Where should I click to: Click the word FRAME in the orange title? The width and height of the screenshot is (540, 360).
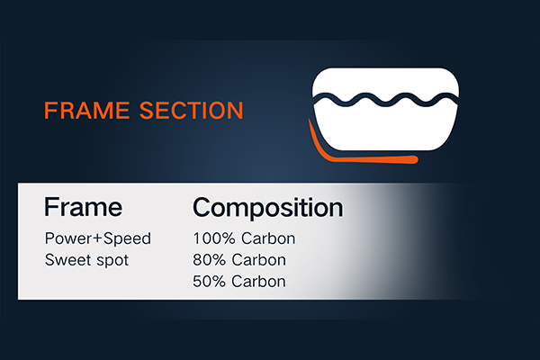coord(86,110)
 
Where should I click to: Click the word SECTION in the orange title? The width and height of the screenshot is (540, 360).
coord(192,110)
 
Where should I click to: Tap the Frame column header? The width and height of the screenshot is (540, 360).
coord(84,207)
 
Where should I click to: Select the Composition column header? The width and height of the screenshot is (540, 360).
coord(268,208)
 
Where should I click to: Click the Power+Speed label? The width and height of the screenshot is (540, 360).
coord(98,238)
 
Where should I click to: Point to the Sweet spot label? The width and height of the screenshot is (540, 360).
coord(86,260)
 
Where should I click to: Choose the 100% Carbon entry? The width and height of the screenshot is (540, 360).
coord(244,238)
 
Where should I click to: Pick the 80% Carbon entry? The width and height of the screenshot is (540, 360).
coord(239,260)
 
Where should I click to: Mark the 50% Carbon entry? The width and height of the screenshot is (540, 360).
coord(239,282)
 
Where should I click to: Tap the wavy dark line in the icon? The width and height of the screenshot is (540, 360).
coord(386,100)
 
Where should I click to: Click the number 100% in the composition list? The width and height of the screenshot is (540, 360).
coord(214,238)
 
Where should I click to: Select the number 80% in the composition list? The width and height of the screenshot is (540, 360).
coord(210,260)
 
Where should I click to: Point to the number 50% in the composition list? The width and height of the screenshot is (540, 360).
coord(210,282)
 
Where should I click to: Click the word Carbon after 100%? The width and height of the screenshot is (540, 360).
coord(268,238)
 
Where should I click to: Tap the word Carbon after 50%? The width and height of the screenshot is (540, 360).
coord(258,282)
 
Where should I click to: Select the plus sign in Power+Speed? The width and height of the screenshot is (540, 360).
coord(99,238)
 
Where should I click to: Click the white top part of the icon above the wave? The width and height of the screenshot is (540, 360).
coord(386,81)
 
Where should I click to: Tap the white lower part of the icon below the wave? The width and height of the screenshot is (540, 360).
coord(386,128)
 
